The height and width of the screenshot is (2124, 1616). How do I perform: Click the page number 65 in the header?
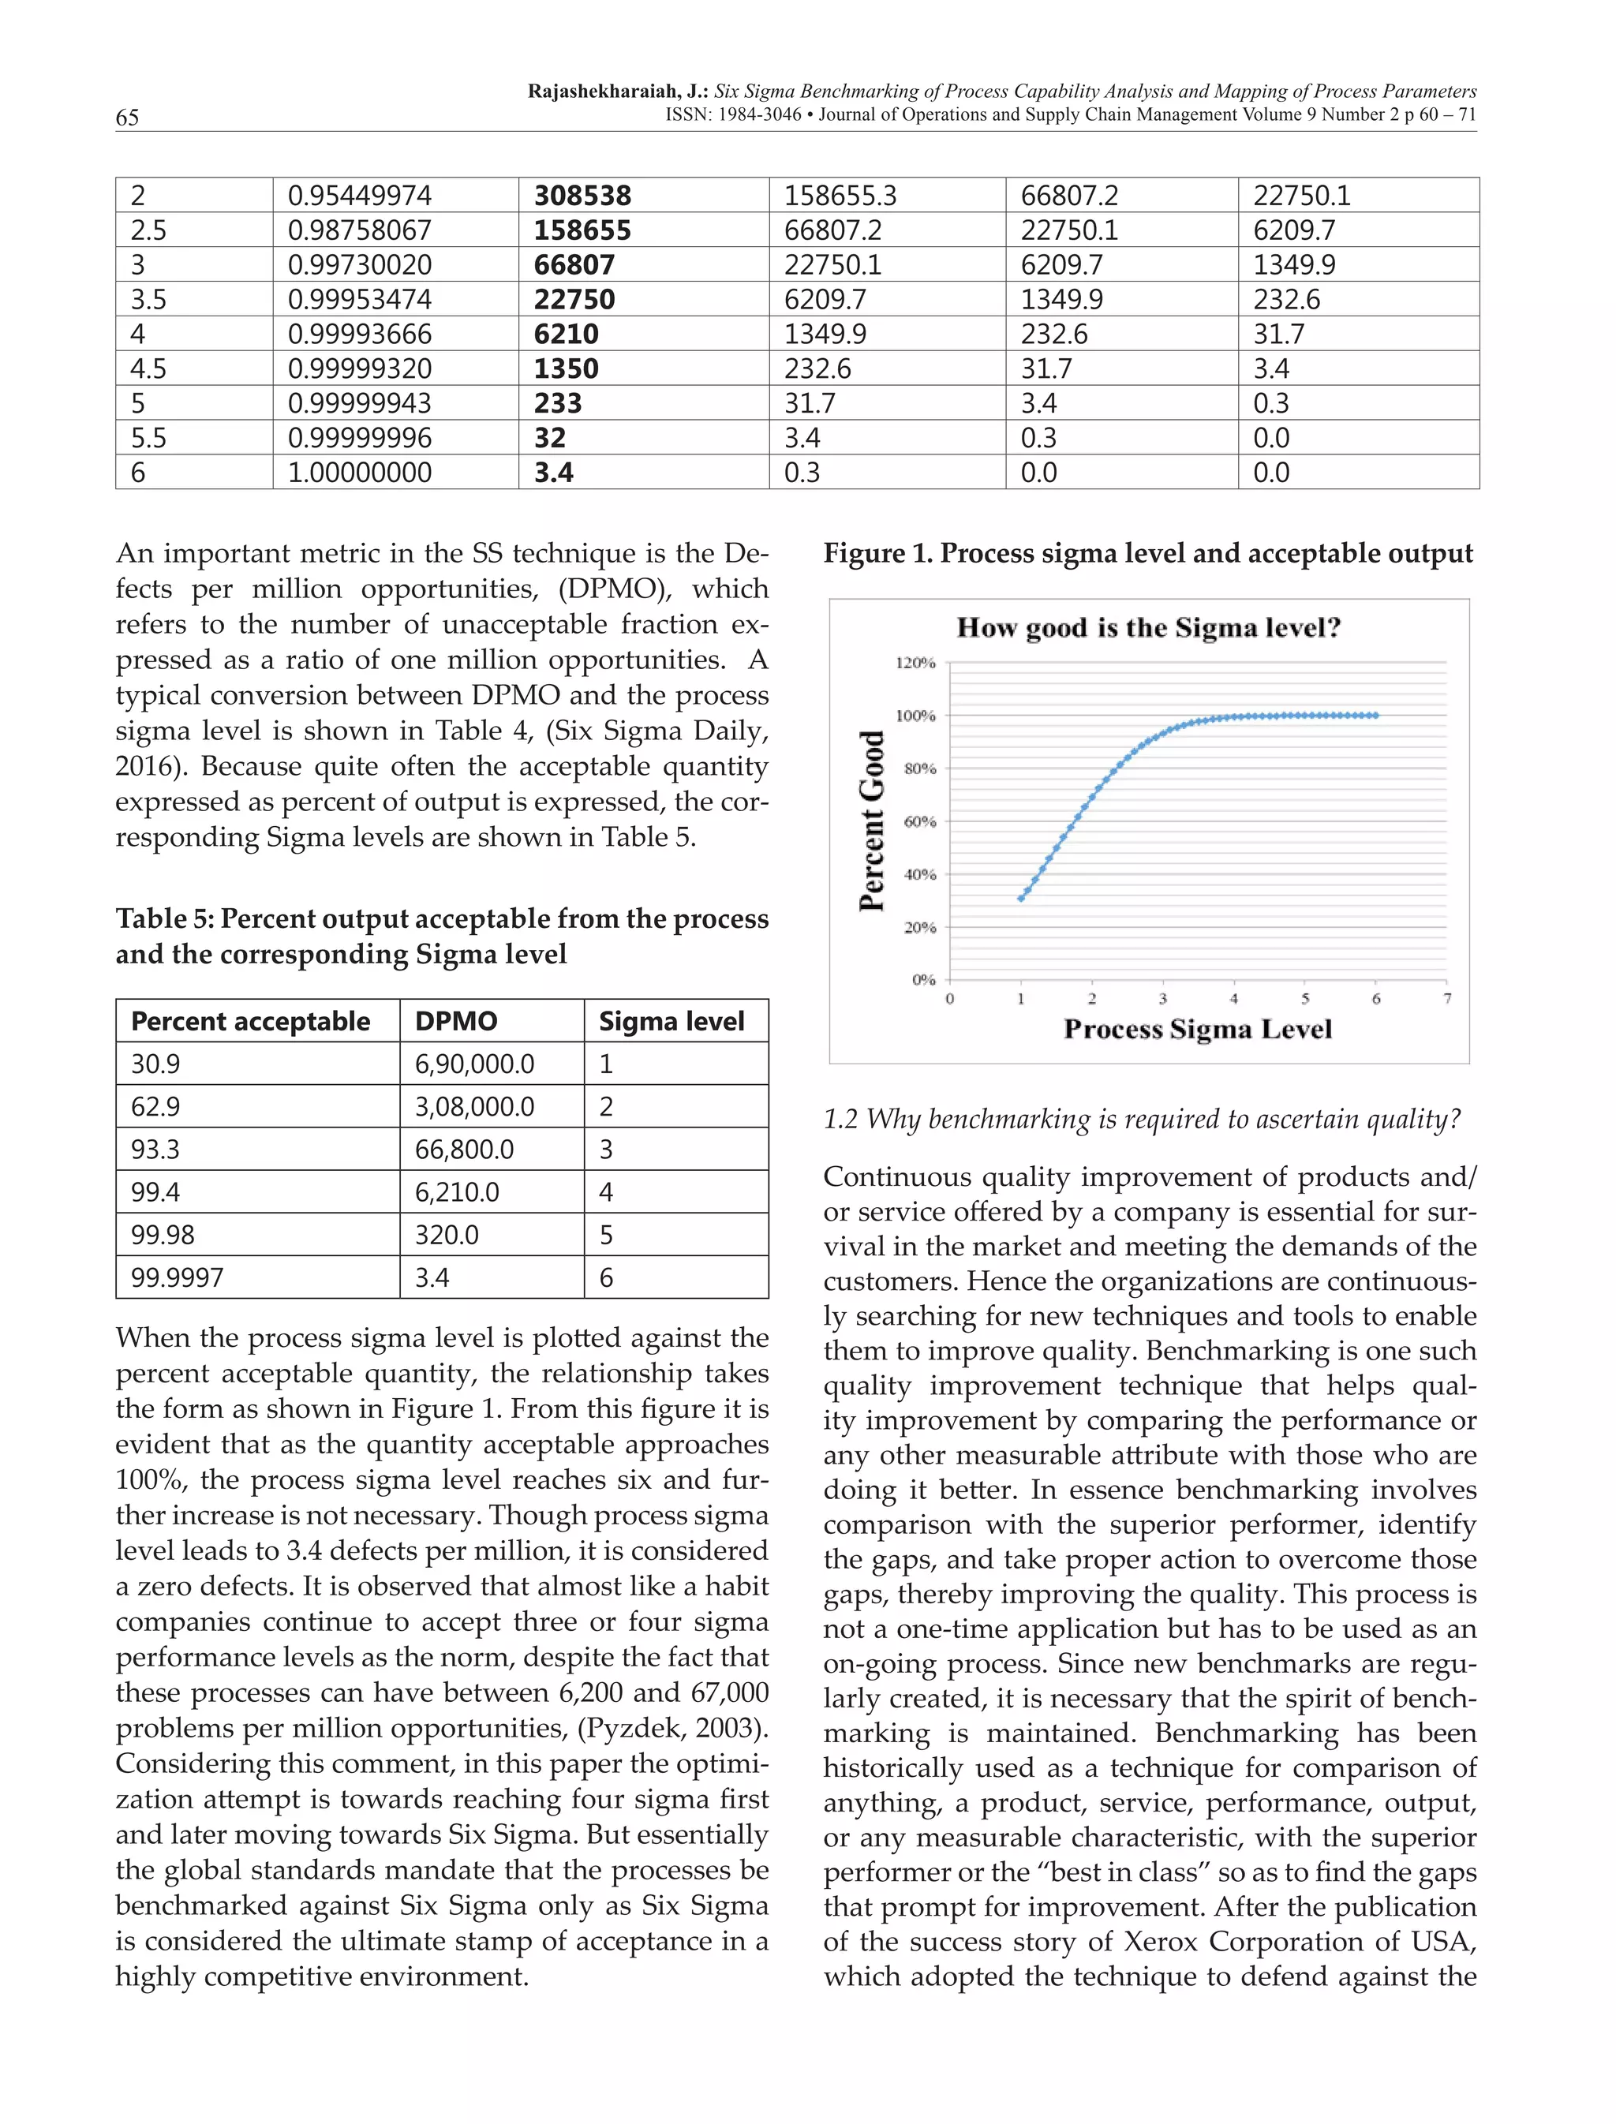[127, 118]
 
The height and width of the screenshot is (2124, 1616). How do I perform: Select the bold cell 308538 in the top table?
[582, 195]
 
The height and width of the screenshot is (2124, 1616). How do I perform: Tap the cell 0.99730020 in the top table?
[359, 264]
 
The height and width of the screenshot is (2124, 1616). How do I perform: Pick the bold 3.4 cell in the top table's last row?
[553, 473]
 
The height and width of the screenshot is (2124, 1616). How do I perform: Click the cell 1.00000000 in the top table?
[359, 473]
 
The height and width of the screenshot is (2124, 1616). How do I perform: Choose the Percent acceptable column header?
[250, 1021]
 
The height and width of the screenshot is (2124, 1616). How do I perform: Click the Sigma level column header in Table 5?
[671, 1021]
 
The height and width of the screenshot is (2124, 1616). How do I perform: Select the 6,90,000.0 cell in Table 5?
[474, 1064]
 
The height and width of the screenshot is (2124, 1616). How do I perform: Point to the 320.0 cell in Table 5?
[447, 1235]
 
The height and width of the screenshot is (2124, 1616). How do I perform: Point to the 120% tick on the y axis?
[916, 663]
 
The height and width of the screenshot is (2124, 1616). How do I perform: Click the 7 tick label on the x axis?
[1446, 999]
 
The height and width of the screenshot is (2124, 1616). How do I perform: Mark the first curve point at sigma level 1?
[1020, 899]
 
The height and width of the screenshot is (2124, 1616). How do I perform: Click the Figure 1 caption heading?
[1147, 553]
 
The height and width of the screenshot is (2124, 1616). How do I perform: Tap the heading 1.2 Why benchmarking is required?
[1142, 1119]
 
